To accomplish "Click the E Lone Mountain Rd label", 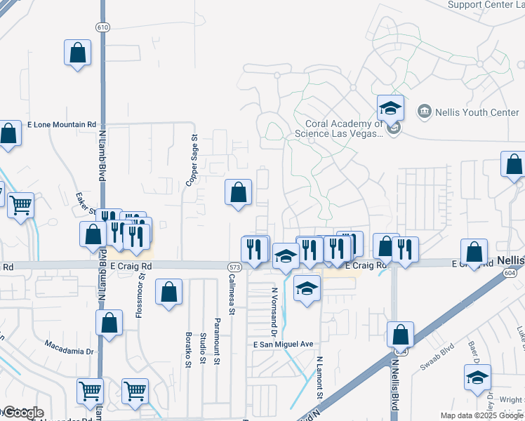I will (x=61, y=124).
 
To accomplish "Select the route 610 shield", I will (x=103, y=27).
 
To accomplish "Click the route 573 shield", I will (x=234, y=267).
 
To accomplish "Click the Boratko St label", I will (x=188, y=349).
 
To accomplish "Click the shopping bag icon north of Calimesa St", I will (x=238, y=192).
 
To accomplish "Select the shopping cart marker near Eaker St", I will (x=21, y=206).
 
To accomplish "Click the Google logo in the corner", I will (x=22, y=413).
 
